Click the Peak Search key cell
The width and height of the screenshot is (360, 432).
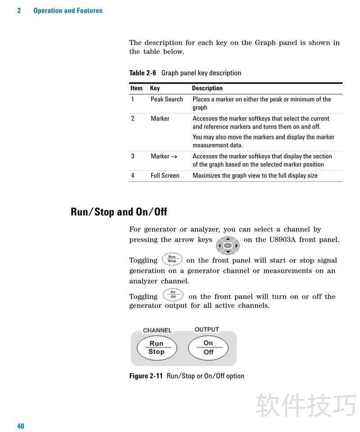[166, 99]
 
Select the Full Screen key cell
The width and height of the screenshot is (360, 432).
[165, 175]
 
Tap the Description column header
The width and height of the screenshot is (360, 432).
[207, 88]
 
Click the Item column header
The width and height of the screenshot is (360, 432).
[136, 88]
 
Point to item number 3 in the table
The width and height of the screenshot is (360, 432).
[133, 156]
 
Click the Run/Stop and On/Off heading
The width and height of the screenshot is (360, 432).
[119, 211]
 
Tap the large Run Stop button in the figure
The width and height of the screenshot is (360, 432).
[157, 347]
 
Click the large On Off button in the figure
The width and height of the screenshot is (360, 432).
[208, 347]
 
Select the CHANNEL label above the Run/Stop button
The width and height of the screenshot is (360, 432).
[157, 330]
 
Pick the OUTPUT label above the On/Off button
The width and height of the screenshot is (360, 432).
[207, 329]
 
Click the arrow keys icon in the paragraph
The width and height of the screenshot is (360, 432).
[228, 245]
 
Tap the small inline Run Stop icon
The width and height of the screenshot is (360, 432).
[172, 259]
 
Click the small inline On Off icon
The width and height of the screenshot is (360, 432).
[173, 295]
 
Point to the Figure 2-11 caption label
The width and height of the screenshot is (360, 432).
[146, 376]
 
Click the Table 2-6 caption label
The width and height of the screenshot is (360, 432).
[143, 73]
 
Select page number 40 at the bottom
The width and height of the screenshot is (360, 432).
[21, 426]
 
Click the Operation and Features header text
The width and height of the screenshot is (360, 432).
[67, 10]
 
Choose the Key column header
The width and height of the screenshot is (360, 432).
[155, 88]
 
